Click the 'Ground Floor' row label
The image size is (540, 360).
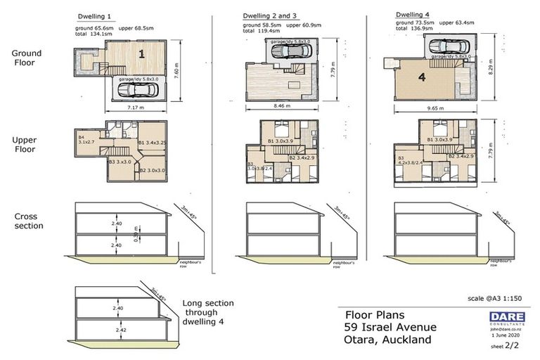[x=26, y=58]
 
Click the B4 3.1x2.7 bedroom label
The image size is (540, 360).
[x=86, y=139]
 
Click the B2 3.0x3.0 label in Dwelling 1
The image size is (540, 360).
[x=152, y=170]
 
